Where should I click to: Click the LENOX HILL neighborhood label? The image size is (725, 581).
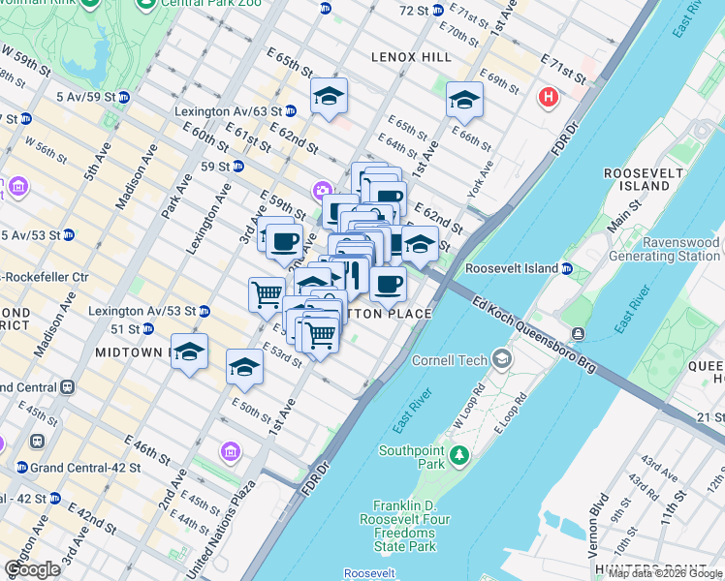point(411,57)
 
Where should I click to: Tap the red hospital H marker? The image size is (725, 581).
point(549,97)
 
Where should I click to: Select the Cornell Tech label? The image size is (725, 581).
point(455,360)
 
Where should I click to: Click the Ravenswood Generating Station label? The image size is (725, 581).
point(664,250)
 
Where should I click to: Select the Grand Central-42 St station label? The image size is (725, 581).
point(86,468)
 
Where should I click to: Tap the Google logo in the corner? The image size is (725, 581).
point(32,569)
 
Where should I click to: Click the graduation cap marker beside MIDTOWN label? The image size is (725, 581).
point(190,352)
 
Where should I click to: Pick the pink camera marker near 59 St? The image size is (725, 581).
point(321,189)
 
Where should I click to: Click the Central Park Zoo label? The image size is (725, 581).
point(200,3)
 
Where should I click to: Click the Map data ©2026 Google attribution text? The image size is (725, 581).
point(665,573)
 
